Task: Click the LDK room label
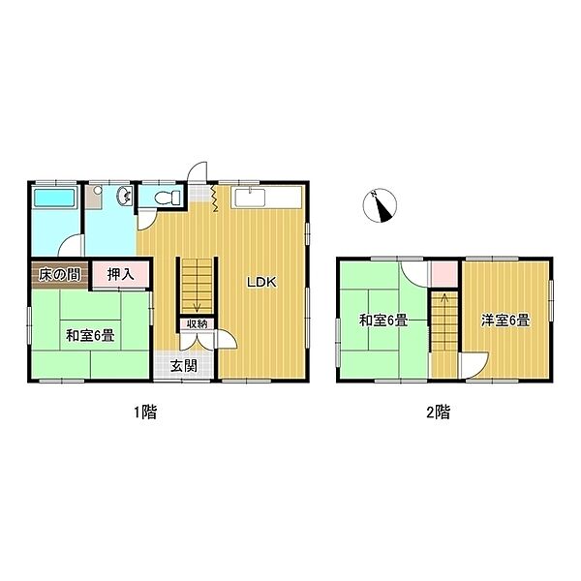(x=262, y=283)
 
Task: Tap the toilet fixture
(x=167, y=198)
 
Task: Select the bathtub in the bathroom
(x=55, y=198)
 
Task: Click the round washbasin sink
(x=125, y=196)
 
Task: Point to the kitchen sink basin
(x=251, y=198)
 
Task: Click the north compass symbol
(x=380, y=205)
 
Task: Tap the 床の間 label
(x=60, y=275)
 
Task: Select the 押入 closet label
(x=120, y=275)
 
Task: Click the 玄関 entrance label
(x=184, y=366)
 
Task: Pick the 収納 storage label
(x=197, y=323)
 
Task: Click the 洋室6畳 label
(x=505, y=321)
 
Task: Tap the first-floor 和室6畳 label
(x=90, y=336)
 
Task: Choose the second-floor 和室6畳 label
(x=383, y=321)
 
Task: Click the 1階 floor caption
(x=145, y=413)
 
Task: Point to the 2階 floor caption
(x=439, y=413)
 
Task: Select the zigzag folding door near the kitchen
(x=215, y=199)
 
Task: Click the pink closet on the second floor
(x=443, y=274)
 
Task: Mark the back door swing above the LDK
(x=199, y=171)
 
